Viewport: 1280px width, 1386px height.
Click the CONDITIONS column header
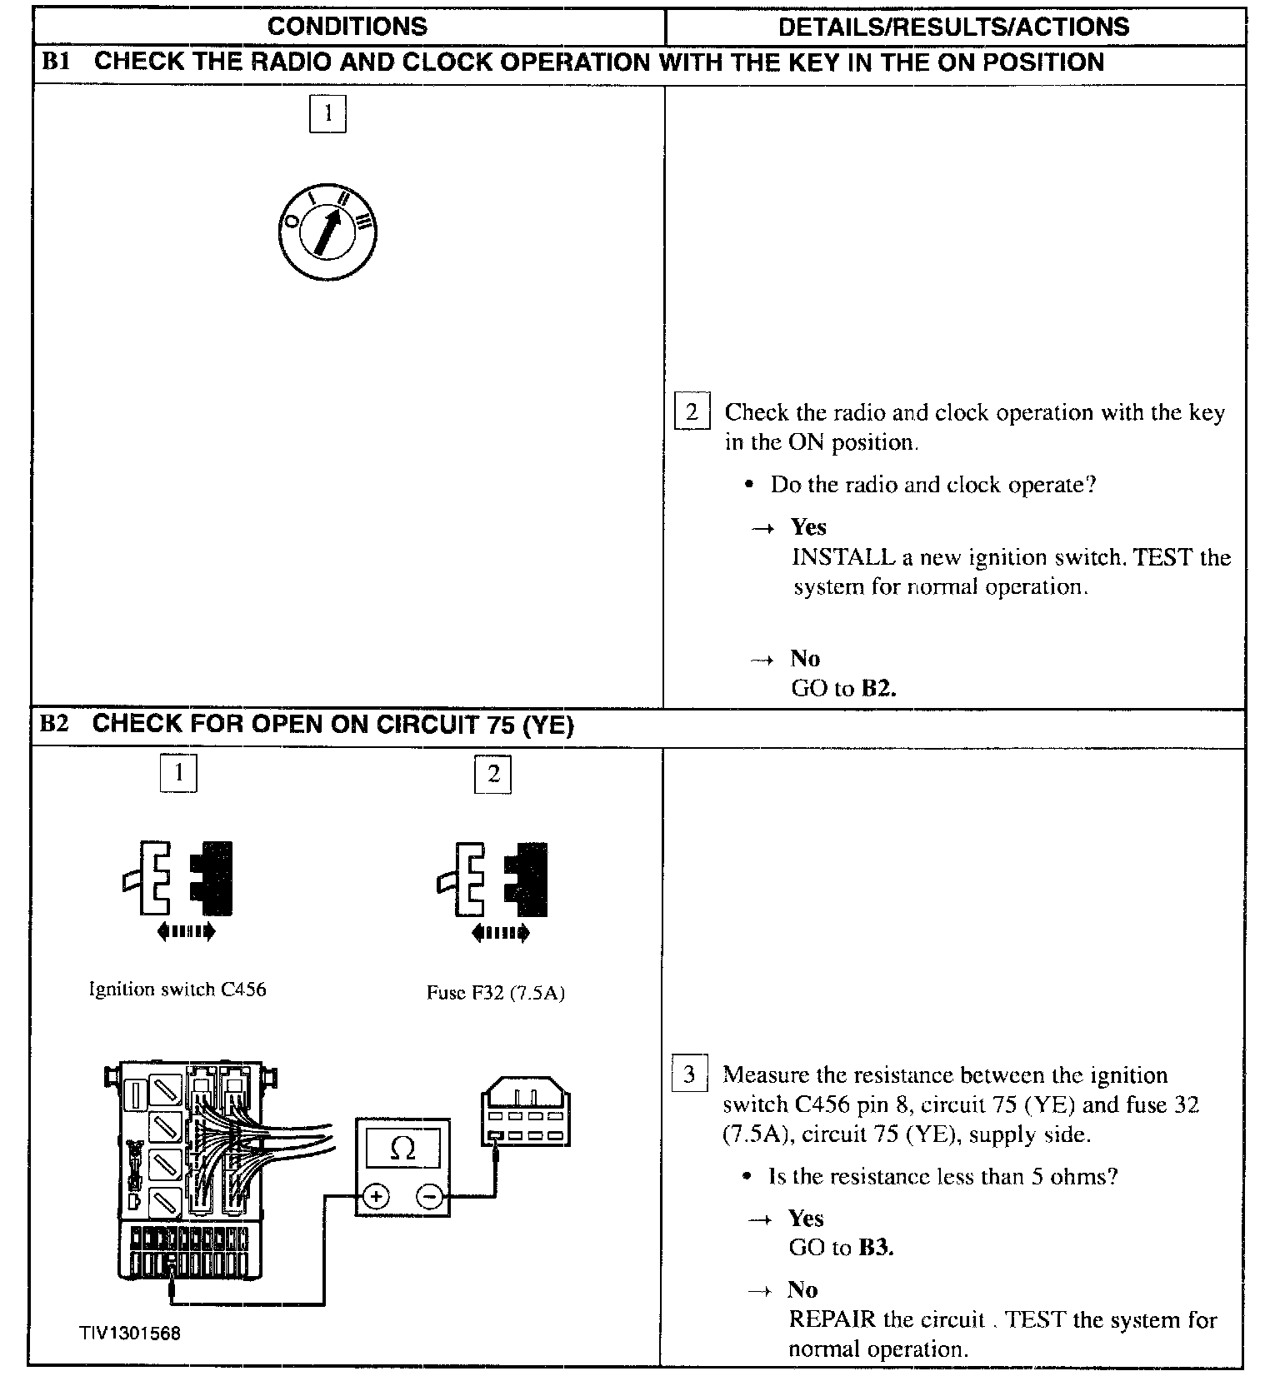coord(347,26)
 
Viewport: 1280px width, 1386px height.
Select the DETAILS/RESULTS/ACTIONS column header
coord(953,26)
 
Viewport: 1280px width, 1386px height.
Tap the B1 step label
coord(55,62)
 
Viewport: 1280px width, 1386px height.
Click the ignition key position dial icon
coord(327,232)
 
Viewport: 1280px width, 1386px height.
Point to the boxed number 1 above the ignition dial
coord(327,113)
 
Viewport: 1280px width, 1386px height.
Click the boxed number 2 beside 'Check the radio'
coord(692,411)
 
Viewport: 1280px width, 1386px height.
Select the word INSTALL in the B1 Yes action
coord(842,557)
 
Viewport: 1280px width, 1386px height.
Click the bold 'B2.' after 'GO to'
coord(878,688)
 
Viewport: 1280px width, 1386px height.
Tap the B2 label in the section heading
coord(54,723)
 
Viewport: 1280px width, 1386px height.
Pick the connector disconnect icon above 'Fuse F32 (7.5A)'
coord(493,888)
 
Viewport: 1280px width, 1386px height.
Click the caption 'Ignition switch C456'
coord(177,990)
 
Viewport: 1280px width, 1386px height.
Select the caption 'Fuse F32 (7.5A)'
coord(496,993)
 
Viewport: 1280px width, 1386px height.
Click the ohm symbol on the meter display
coord(402,1149)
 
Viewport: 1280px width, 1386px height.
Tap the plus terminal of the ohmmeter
coord(376,1198)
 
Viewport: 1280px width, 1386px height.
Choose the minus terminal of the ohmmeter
coord(429,1198)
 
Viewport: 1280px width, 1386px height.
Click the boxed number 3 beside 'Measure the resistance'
coord(689,1074)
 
